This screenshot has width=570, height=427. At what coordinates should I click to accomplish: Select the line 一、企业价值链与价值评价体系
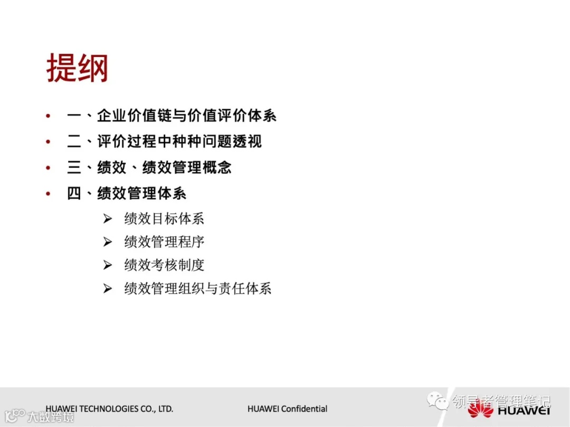click(x=172, y=116)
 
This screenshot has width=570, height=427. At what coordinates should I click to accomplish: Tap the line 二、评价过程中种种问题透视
click(x=164, y=142)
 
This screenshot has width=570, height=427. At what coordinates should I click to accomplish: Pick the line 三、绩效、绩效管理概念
click(x=149, y=168)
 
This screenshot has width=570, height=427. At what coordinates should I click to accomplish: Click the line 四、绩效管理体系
click(x=127, y=193)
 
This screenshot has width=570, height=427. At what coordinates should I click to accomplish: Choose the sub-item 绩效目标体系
click(x=164, y=218)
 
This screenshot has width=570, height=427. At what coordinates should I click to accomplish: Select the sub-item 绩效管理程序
click(x=164, y=242)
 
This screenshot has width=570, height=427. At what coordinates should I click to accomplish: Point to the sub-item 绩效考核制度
click(x=164, y=265)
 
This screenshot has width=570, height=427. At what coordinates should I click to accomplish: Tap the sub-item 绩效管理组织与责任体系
click(x=198, y=288)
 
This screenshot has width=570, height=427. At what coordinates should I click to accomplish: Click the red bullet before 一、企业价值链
click(x=49, y=116)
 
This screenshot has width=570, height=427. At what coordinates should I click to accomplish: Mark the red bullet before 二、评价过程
click(x=49, y=142)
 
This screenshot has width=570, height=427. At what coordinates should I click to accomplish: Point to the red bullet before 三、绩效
click(x=49, y=168)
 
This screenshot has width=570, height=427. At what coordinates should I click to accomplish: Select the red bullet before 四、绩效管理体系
click(x=49, y=193)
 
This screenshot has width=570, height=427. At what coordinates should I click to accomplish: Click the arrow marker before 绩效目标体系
click(x=108, y=219)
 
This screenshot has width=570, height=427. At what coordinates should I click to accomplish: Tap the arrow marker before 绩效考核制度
click(x=108, y=265)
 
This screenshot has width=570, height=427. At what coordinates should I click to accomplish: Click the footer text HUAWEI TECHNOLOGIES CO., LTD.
click(x=109, y=409)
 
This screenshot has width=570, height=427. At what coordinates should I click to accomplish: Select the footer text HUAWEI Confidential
click(x=287, y=409)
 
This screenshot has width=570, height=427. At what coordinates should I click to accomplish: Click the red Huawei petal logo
click(x=480, y=410)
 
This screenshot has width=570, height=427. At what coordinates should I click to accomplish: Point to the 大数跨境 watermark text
click(x=51, y=417)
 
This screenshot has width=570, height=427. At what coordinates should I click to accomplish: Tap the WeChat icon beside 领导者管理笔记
click(x=438, y=402)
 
